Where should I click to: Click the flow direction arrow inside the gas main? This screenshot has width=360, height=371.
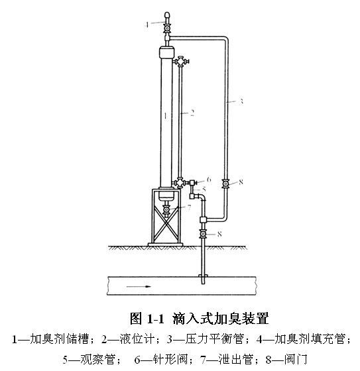click(x=139, y=286)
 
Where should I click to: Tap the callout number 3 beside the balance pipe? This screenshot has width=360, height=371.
click(x=241, y=101)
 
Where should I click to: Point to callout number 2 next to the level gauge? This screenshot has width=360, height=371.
click(x=192, y=113)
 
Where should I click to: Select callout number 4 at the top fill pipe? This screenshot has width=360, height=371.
click(x=147, y=25)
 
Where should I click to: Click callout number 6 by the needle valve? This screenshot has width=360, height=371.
click(x=209, y=180)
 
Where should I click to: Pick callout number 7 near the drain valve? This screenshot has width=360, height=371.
click(x=189, y=208)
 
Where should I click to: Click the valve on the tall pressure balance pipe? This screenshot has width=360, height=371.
click(x=225, y=184)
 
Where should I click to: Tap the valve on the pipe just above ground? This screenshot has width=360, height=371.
click(x=203, y=234)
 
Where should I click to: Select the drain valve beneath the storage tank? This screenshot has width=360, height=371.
click(x=166, y=209)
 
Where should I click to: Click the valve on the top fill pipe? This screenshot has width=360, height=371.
click(x=167, y=28)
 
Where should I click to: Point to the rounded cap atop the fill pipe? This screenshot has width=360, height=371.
click(x=167, y=16)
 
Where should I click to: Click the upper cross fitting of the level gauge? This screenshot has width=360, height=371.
click(x=181, y=62)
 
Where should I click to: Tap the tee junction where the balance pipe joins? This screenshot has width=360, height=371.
click(x=204, y=220)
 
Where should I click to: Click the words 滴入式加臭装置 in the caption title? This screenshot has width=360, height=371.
click(x=221, y=318)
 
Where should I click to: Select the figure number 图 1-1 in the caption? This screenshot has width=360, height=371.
click(x=147, y=318)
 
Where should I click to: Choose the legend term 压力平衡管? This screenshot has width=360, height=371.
click(x=214, y=339)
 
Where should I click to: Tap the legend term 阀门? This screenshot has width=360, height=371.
click(x=296, y=359)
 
